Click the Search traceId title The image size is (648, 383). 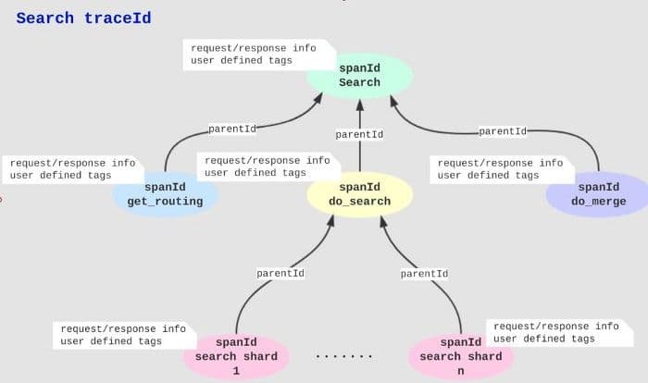pos(83,19)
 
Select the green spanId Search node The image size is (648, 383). pos(359,76)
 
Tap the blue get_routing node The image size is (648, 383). pos(166,194)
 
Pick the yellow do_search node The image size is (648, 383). pos(359,194)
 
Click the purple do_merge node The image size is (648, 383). pos(598,194)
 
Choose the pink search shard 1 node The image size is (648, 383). pos(236,356)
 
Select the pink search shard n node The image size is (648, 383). pos(461,356)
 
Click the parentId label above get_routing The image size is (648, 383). pos(232,129)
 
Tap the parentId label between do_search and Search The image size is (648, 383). pos(359,135)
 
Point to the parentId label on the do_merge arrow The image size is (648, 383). pos(503,131)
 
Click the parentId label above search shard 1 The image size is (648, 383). pos(280,274)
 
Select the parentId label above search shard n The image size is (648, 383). pos(424,274)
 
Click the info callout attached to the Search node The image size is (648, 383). pos(258,55)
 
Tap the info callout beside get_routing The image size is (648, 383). pos(73,169)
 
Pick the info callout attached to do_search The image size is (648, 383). pos(268,167)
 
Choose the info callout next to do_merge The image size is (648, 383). pos(502,169)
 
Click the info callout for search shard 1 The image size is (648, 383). pos(124,335)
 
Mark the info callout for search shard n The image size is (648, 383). pos(559,333)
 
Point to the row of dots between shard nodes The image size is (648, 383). pos(343,356)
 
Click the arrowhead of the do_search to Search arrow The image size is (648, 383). pos(360,105)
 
